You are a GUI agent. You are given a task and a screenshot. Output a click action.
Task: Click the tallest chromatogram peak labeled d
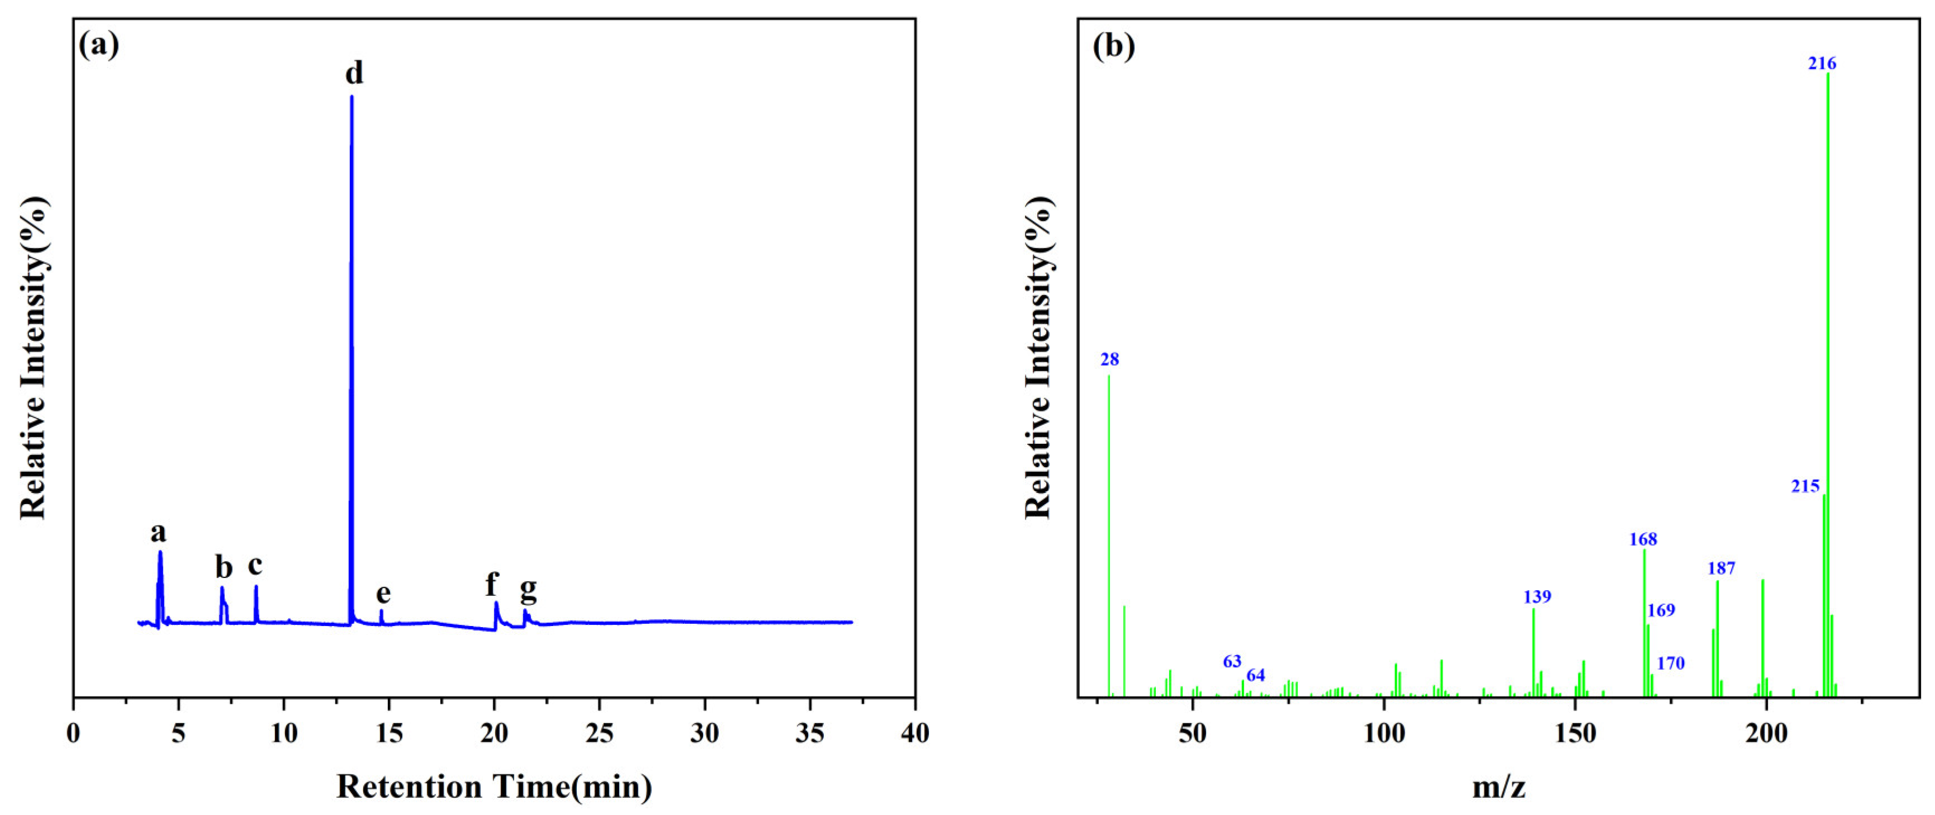click(x=352, y=301)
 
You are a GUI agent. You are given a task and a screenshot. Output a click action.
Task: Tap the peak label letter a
click(x=158, y=532)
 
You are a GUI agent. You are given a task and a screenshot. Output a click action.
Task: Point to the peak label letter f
click(x=491, y=583)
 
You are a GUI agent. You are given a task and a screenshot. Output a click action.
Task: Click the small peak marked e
click(x=382, y=616)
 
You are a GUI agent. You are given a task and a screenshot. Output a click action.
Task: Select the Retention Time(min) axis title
click(x=494, y=787)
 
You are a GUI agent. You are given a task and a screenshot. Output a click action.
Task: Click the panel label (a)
click(x=99, y=46)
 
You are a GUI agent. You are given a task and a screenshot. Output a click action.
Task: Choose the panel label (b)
click(x=1114, y=46)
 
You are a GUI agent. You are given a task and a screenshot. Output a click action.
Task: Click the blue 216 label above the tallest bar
click(x=1822, y=64)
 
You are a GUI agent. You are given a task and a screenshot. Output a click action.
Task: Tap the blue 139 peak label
click(x=1537, y=596)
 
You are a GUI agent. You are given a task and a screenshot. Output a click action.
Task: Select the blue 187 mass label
click(x=1721, y=568)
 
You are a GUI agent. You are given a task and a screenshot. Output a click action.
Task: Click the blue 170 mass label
click(x=1671, y=662)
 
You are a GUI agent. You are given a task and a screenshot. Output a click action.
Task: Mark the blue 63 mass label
click(x=1232, y=661)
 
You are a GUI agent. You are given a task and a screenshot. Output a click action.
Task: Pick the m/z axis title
click(x=1498, y=787)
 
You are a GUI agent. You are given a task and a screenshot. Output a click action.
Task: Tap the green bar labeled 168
click(x=1644, y=623)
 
